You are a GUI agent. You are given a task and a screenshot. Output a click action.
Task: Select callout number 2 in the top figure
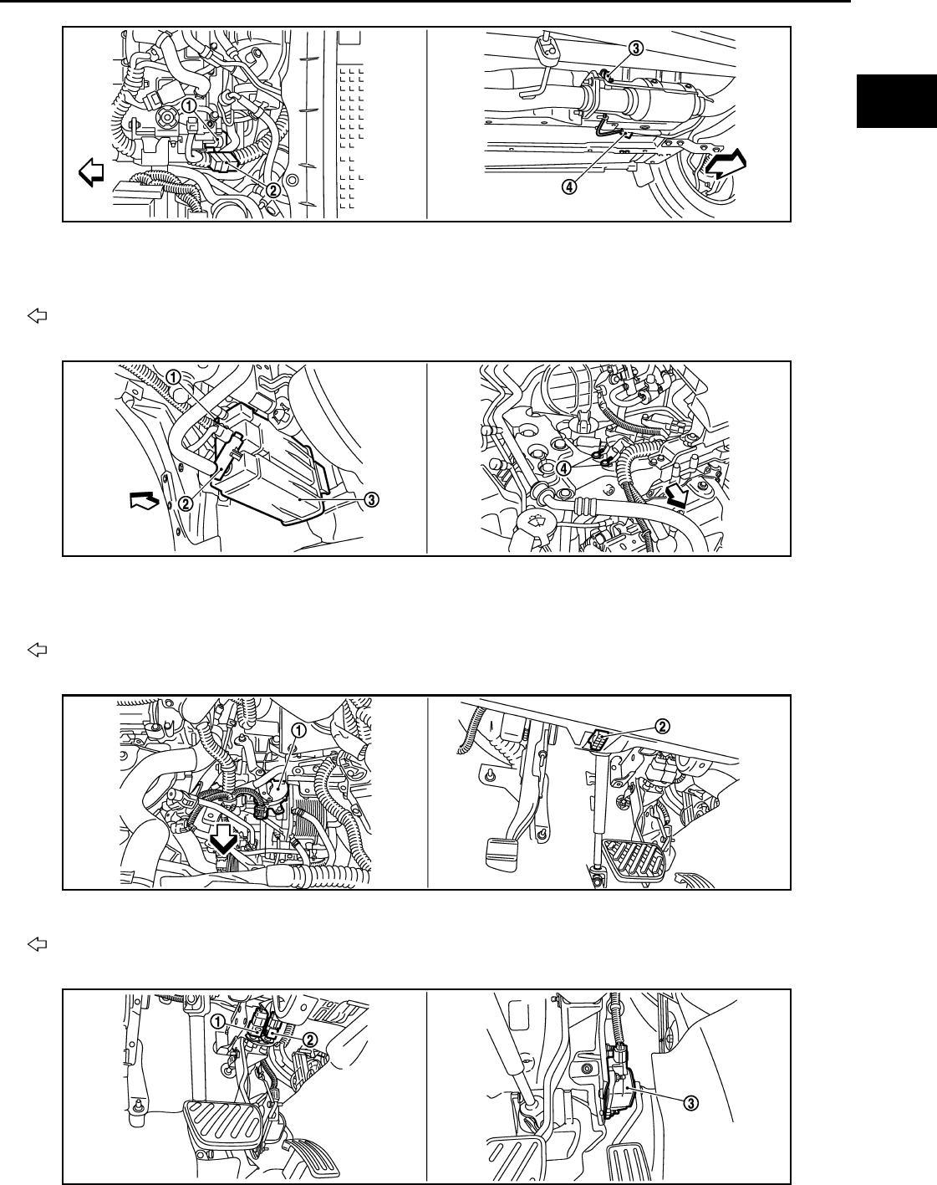pyautogui.click(x=272, y=190)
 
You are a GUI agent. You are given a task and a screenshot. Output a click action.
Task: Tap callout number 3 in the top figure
pyautogui.click(x=635, y=49)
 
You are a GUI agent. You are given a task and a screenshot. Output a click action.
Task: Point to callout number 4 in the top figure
pyautogui.click(x=569, y=187)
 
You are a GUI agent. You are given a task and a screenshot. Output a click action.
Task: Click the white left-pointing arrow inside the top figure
pyautogui.click(x=91, y=171)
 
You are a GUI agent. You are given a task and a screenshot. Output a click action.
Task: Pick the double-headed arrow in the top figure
pyautogui.click(x=726, y=164)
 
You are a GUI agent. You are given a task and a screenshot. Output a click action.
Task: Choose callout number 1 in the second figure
pyautogui.click(x=173, y=377)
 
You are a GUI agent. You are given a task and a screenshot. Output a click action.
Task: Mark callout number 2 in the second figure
pyautogui.click(x=186, y=503)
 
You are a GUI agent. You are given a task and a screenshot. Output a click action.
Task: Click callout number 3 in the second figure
pyautogui.click(x=372, y=499)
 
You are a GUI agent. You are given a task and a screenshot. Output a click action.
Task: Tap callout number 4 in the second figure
pyautogui.click(x=563, y=468)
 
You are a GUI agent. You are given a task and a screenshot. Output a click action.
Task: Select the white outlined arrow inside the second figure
pyautogui.click(x=145, y=501)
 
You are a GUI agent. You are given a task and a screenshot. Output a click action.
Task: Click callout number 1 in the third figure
pyautogui.click(x=298, y=730)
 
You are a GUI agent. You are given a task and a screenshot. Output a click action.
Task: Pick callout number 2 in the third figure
pyautogui.click(x=662, y=727)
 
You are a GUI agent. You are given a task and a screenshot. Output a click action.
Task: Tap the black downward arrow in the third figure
pyautogui.click(x=224, y=842)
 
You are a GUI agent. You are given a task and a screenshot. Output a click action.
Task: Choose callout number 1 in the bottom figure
pyautogui.click(x=218, y=1021)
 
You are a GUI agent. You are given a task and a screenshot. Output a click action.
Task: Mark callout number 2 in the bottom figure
pyautogui.click(x=310, y=1039)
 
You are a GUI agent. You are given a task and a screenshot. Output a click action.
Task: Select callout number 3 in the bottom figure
pyautogui.click(x=691, y=1102)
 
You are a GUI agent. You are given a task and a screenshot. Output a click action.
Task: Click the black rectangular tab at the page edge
pyautogui.click(x=897, y=101)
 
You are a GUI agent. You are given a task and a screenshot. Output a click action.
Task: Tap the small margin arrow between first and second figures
pyautogui.click(x=38, y=316)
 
